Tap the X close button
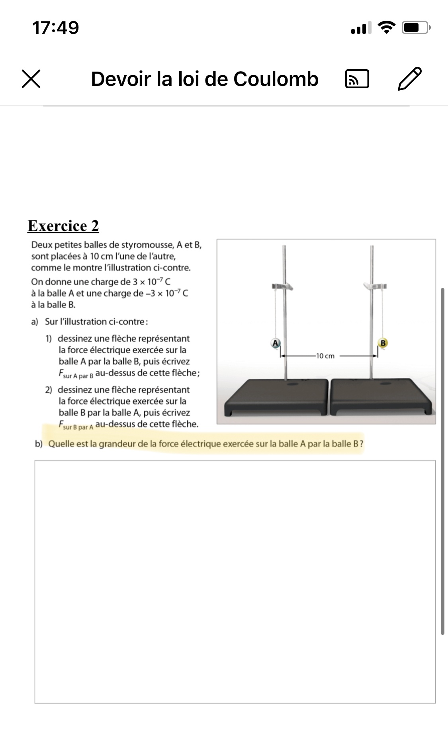pos(31,79)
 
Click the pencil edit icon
pos(410,79)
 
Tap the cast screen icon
pos(357,79)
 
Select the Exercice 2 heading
pos(63,226)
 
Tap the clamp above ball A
pos(283,287)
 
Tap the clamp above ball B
pos(375,286)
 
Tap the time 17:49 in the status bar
pos(56,28)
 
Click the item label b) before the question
pos(39,444)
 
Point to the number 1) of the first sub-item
pos(49,339)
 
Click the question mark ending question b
pos(361,444)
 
